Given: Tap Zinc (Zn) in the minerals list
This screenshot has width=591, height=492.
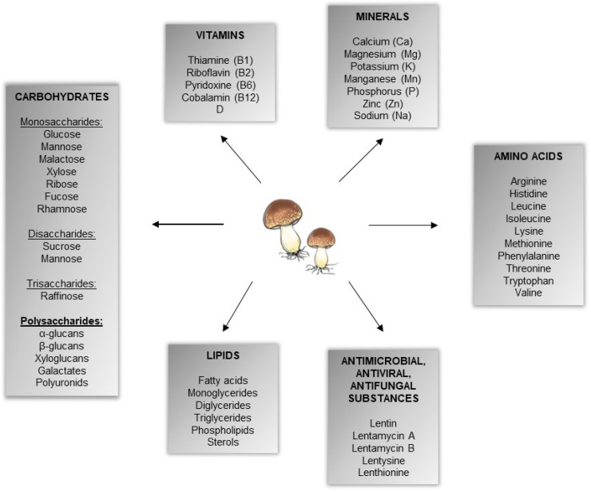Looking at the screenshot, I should click(x=383, y=104).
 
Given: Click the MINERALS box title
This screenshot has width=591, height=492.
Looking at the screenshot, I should click(x=383, y=17).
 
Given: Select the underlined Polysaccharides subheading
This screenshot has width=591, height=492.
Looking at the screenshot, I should click(x=61, y=320).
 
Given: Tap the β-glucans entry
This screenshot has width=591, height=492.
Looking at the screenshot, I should click(x=61, y=347).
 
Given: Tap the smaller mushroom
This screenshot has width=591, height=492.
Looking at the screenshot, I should click(x=321, y=247).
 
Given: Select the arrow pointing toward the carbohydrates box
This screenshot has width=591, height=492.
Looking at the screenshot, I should click(x=188, y=224).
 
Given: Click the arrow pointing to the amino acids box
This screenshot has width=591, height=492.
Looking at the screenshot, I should click(x=403, y=225).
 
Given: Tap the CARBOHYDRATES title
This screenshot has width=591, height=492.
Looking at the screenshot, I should click(x=61, y=97).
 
